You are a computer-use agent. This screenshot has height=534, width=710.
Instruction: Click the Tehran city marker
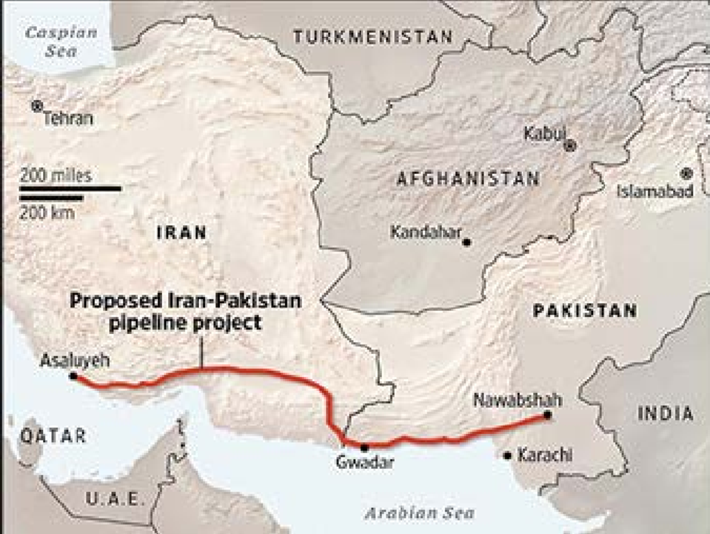coord(37,106)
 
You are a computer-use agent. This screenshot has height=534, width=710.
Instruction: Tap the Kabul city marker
coord(570,146)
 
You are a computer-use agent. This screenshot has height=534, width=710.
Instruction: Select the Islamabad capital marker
coord(687,173)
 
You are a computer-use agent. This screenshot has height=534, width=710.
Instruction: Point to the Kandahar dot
coord(466,241)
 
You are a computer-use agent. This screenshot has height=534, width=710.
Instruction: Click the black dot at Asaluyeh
coord(73,376)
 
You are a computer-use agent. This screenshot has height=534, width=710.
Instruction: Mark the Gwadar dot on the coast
coord(364,447)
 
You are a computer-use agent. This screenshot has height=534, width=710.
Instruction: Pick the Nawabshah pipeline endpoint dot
coord(546,415)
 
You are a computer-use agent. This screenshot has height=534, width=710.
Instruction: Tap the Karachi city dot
coord(507,455)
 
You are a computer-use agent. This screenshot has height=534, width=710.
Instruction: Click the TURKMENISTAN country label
coord(372,36)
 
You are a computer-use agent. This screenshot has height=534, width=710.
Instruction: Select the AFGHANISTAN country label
coord(468,178)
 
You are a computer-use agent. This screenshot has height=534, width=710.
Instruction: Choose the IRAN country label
coord(181,233)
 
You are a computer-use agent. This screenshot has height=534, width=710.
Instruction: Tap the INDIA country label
coord(666,414)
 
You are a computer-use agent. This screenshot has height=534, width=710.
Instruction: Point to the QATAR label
coord(43,435)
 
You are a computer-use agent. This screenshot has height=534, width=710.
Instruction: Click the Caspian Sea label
coord(51,41)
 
